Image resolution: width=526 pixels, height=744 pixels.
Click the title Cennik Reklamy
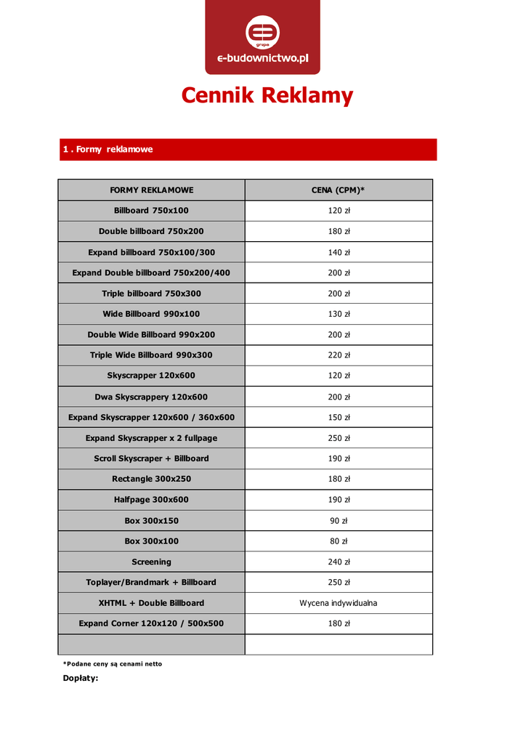coord(267,95)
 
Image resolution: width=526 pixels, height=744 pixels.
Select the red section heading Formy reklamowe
coord(108,149)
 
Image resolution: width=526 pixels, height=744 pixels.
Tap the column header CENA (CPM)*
coord(339,190)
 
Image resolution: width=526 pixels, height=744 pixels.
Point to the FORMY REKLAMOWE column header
coord(151,190)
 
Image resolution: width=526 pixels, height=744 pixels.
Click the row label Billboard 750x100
coord(151,211)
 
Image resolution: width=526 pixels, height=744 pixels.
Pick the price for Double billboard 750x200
coord(339,231)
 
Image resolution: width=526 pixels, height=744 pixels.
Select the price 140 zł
coord(339,252)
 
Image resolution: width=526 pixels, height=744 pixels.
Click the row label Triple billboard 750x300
coord(151,294)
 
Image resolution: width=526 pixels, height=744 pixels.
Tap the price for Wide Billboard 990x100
coord(339,314)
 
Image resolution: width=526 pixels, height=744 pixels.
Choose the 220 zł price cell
coord(339,355)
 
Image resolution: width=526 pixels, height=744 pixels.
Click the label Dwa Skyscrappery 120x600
coord(151,397)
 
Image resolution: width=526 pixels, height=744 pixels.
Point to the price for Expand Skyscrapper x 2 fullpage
coord(339,438)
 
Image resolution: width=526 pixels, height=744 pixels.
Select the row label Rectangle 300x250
coord(151,479)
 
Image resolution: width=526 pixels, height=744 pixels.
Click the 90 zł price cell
coord(339,521)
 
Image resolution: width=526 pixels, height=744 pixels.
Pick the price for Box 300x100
coord(339,541)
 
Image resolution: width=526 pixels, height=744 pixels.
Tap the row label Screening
coord(151,562)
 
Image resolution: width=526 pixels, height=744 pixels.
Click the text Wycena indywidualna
coord(339,603)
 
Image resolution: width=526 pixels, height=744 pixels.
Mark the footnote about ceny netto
coord(113,663)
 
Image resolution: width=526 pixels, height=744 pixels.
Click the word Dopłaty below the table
coord(80,678)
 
